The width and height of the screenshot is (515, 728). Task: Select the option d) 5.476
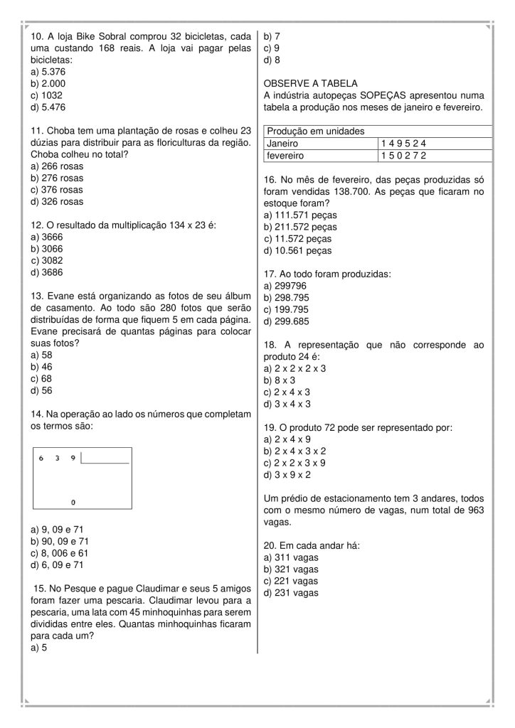[x=48, y=107]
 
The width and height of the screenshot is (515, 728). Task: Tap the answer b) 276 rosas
[x=56, y=178]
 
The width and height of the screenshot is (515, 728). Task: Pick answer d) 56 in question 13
[x=42, y=390]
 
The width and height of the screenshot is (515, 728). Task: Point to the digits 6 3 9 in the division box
[x=57, y=459]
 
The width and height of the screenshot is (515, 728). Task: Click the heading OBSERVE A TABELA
[x=310, y=83]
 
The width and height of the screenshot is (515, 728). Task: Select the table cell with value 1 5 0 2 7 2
[x=403, y=155]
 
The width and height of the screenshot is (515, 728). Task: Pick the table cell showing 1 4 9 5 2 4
[x=403, y=143]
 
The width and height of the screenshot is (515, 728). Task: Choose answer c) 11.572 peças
[x=297, y=238]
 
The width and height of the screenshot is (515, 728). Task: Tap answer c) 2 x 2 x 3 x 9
[x=294, y=463]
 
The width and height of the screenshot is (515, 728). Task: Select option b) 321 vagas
[x=291, y=569]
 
